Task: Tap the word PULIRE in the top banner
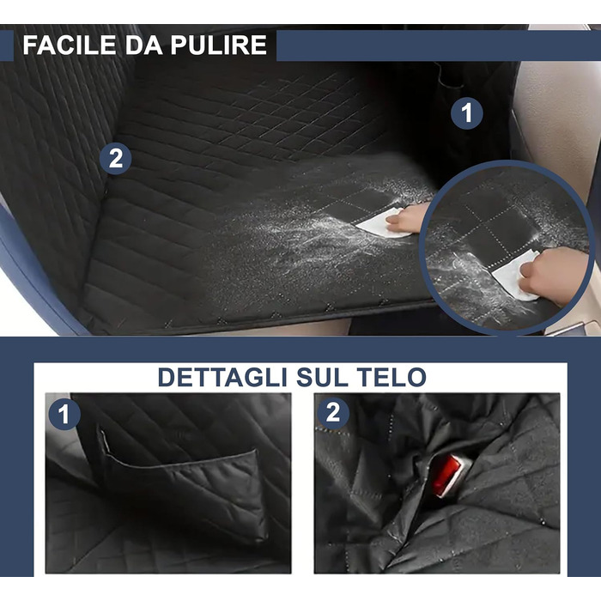click(218, 45)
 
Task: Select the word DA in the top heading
click(143, 45)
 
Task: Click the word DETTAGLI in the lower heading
click(222, 378)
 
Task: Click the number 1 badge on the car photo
click(466, 113)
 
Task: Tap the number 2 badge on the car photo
click(115, 158)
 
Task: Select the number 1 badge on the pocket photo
click(64, 415)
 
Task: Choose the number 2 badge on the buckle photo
click(333, 413)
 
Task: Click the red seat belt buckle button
click(446, 476)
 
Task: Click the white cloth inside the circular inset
click(515, 276)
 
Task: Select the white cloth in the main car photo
click(379, 223)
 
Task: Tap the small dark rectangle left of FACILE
click(7, 46)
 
